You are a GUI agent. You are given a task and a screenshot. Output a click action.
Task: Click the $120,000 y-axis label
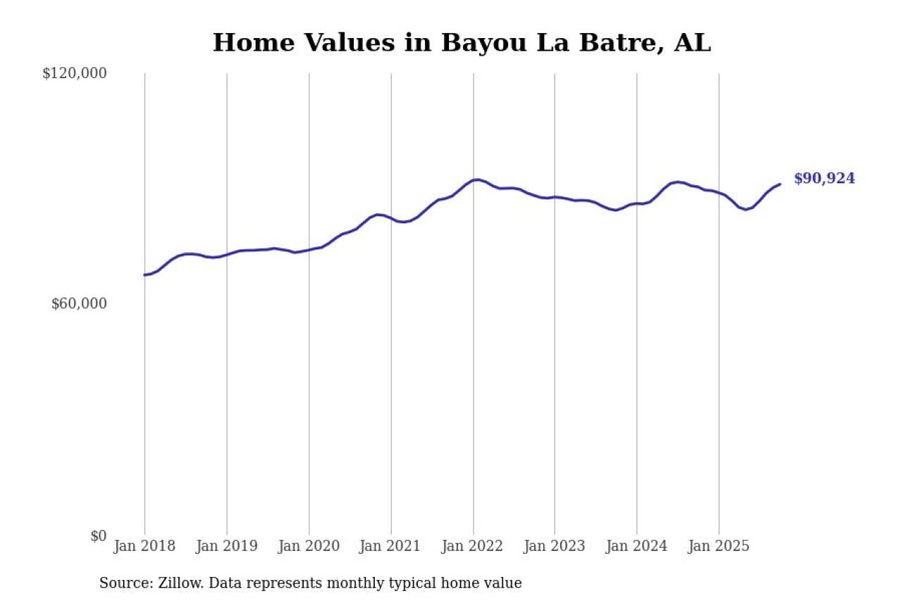pos(75,73)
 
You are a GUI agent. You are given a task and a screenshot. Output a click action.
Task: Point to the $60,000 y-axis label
pos(79,304)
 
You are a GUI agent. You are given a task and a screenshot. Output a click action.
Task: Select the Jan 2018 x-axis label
pos(144,546)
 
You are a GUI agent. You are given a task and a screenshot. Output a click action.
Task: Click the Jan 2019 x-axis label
pos(227,546)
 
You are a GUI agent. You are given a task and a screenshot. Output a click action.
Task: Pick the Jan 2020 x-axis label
pos(309,546)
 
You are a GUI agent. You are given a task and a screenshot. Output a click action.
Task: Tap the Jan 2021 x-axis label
pos(391,546)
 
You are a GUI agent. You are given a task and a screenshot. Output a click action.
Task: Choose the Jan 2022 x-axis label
pos(473,546)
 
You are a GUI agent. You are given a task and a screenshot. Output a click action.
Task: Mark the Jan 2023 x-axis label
pos(555,546)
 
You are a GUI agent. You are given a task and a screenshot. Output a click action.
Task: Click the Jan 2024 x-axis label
pos(637,546)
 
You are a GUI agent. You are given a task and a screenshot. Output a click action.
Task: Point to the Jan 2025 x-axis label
pos(719,546)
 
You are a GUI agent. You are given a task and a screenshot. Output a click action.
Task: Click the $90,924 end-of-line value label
pos(824,178)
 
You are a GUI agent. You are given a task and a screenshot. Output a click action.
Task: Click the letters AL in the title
pos(693,43)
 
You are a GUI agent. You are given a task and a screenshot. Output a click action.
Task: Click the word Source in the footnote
pos(121,583)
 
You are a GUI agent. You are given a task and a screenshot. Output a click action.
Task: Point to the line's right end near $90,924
pos(779,185)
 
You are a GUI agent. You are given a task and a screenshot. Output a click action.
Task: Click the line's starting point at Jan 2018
pos(144,275)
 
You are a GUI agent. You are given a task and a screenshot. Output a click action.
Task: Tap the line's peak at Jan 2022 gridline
pos(476,180)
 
